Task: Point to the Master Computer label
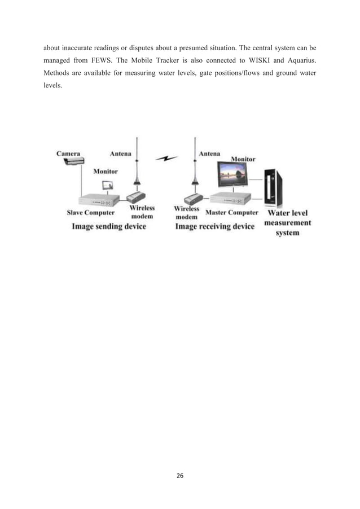tap(232, 213)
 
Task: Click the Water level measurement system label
tap(288, 222)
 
